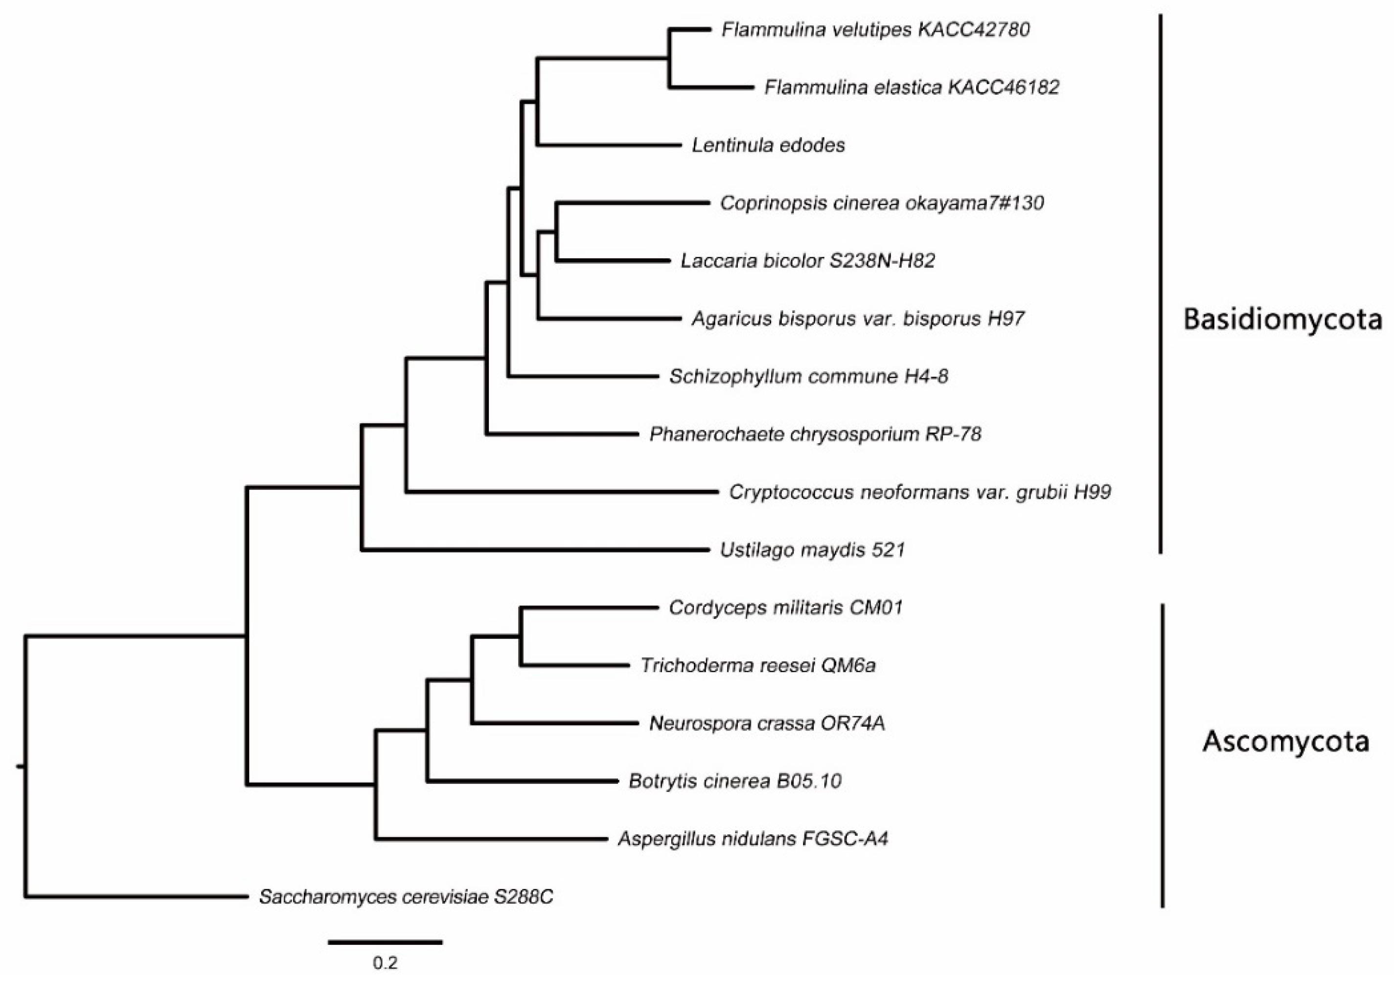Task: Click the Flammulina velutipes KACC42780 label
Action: point(875,30)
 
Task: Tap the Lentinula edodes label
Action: point(768,145)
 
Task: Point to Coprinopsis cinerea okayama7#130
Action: point(882,203)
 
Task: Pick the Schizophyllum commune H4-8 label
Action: point(809,377)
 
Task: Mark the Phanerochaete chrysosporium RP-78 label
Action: point(815,434)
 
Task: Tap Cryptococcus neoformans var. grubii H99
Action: point(920,492)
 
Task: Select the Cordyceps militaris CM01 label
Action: point(786,608)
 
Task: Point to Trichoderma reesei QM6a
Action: point(758,665)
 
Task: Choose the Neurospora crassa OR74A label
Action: point(767,724)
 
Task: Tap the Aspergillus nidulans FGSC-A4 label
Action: point(753,839)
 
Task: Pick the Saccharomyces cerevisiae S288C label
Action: point(406,897)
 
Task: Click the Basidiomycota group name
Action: point(1282,319)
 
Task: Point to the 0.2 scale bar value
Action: point(385,962)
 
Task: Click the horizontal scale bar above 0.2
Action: point(385,942)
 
